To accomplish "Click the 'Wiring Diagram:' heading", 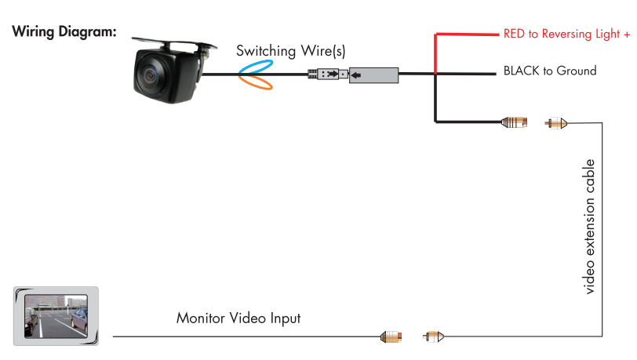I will (x=64, y=32).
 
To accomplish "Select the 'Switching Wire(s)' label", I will (x=291, y=51).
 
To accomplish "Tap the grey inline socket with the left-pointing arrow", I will (x=373, y=75).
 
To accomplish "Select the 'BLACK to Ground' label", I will (x=549, y=71).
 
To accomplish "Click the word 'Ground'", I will (x=577, y=71).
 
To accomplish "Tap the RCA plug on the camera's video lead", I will (x=515, y=122).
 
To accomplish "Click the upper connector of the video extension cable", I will (x=556, y=122).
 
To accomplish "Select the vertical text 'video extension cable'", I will (x=590, y=227).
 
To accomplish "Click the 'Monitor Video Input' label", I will (x=238, y=318).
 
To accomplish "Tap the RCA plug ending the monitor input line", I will (x=392, y=337).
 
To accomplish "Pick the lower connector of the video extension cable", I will (x=434, y=337).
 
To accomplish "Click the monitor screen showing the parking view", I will (x=56, y=317).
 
